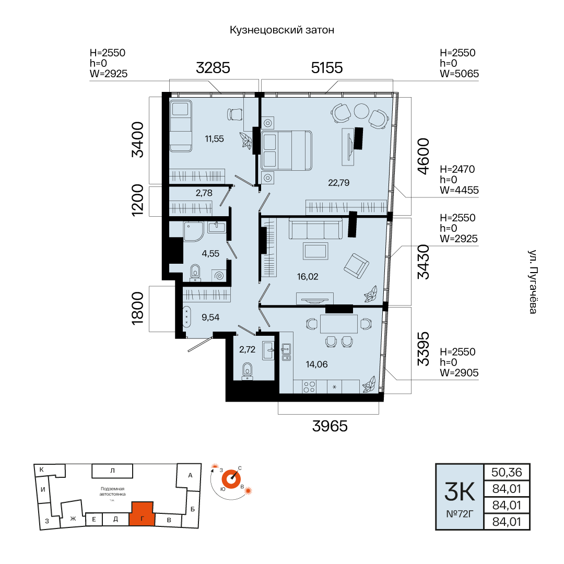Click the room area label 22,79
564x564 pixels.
338,183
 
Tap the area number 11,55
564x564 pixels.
215,139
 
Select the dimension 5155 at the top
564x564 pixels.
327,68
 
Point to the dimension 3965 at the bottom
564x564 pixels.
330,426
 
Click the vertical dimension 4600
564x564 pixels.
424,156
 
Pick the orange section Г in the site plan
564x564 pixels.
142,514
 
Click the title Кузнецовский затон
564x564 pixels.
282,30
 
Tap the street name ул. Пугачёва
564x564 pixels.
532,281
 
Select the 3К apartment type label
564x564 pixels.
460,491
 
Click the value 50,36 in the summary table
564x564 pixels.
507,472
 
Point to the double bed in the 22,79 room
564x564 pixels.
287,150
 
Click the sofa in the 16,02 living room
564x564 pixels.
315,229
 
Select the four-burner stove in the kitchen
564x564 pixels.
309,386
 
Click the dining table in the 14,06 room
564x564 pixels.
339,324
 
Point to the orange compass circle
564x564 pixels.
231,479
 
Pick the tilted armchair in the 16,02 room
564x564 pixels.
357,266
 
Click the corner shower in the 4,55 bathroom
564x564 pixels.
194,232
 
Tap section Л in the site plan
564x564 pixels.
112,471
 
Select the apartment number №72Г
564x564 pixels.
460,514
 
